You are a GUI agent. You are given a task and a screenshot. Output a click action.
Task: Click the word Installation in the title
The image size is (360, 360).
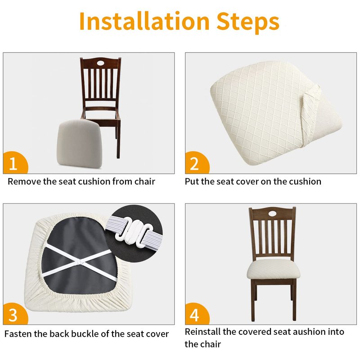pyautogui.click(x=144, y=21)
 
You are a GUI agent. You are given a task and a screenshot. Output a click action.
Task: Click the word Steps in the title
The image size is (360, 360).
pyautogui.click(x=248, y=22)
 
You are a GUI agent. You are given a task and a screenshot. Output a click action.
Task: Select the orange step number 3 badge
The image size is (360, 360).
pyautogui.click(x=15, y=314)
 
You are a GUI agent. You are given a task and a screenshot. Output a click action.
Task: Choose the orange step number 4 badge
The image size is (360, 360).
pyautogui.click(x=197, y=314)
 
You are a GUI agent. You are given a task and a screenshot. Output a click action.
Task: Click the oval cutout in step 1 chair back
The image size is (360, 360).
pyautogui.click(x=100, y=63)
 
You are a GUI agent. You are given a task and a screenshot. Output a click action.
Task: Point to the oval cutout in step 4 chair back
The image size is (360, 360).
pyautogui.click(x=273, y=213)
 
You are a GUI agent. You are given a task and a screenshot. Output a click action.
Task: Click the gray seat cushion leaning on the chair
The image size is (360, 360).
pyautogui.click(x=78, y=144)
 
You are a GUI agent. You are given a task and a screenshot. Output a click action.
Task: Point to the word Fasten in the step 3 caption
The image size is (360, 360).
pyautogui.click(x=18, y=334)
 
